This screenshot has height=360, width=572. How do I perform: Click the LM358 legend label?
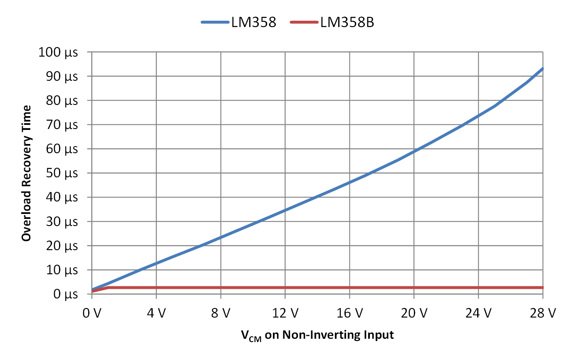pyautogui.click(x=254, y=22)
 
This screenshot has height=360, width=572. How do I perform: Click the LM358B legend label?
pyautogui.click(x=347, y=22)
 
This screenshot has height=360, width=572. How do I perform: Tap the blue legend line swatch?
pyautogui.click(x=216, y=22)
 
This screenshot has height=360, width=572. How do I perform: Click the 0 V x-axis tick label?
pyautogui.click(x=92, y=313)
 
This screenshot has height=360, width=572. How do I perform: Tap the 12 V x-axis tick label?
pyautogui.click(x=285, y=313)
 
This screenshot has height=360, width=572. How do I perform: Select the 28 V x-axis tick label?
pyautogui.click(x=543, y=313)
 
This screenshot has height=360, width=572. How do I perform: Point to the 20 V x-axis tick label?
pyautogui.click(x=414, y=313)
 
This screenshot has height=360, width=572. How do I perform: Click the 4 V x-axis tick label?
pyautogui.click(x=156, y=313)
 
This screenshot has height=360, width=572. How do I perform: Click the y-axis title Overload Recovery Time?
pyautogui.click(x=26, y=173)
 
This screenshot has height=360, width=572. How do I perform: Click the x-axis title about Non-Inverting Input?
pyautogui.click(x=317, y=335)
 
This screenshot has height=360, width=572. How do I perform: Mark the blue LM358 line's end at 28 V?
pyautogui.click(x=542, y=69)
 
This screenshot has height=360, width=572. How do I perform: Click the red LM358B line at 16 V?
pyautogui.click(x=349, y=288)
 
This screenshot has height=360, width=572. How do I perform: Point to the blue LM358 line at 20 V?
pyautogui.click(x=414, y=151)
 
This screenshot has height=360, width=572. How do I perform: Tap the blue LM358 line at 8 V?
pyautogui.click(x=220, y=237)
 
